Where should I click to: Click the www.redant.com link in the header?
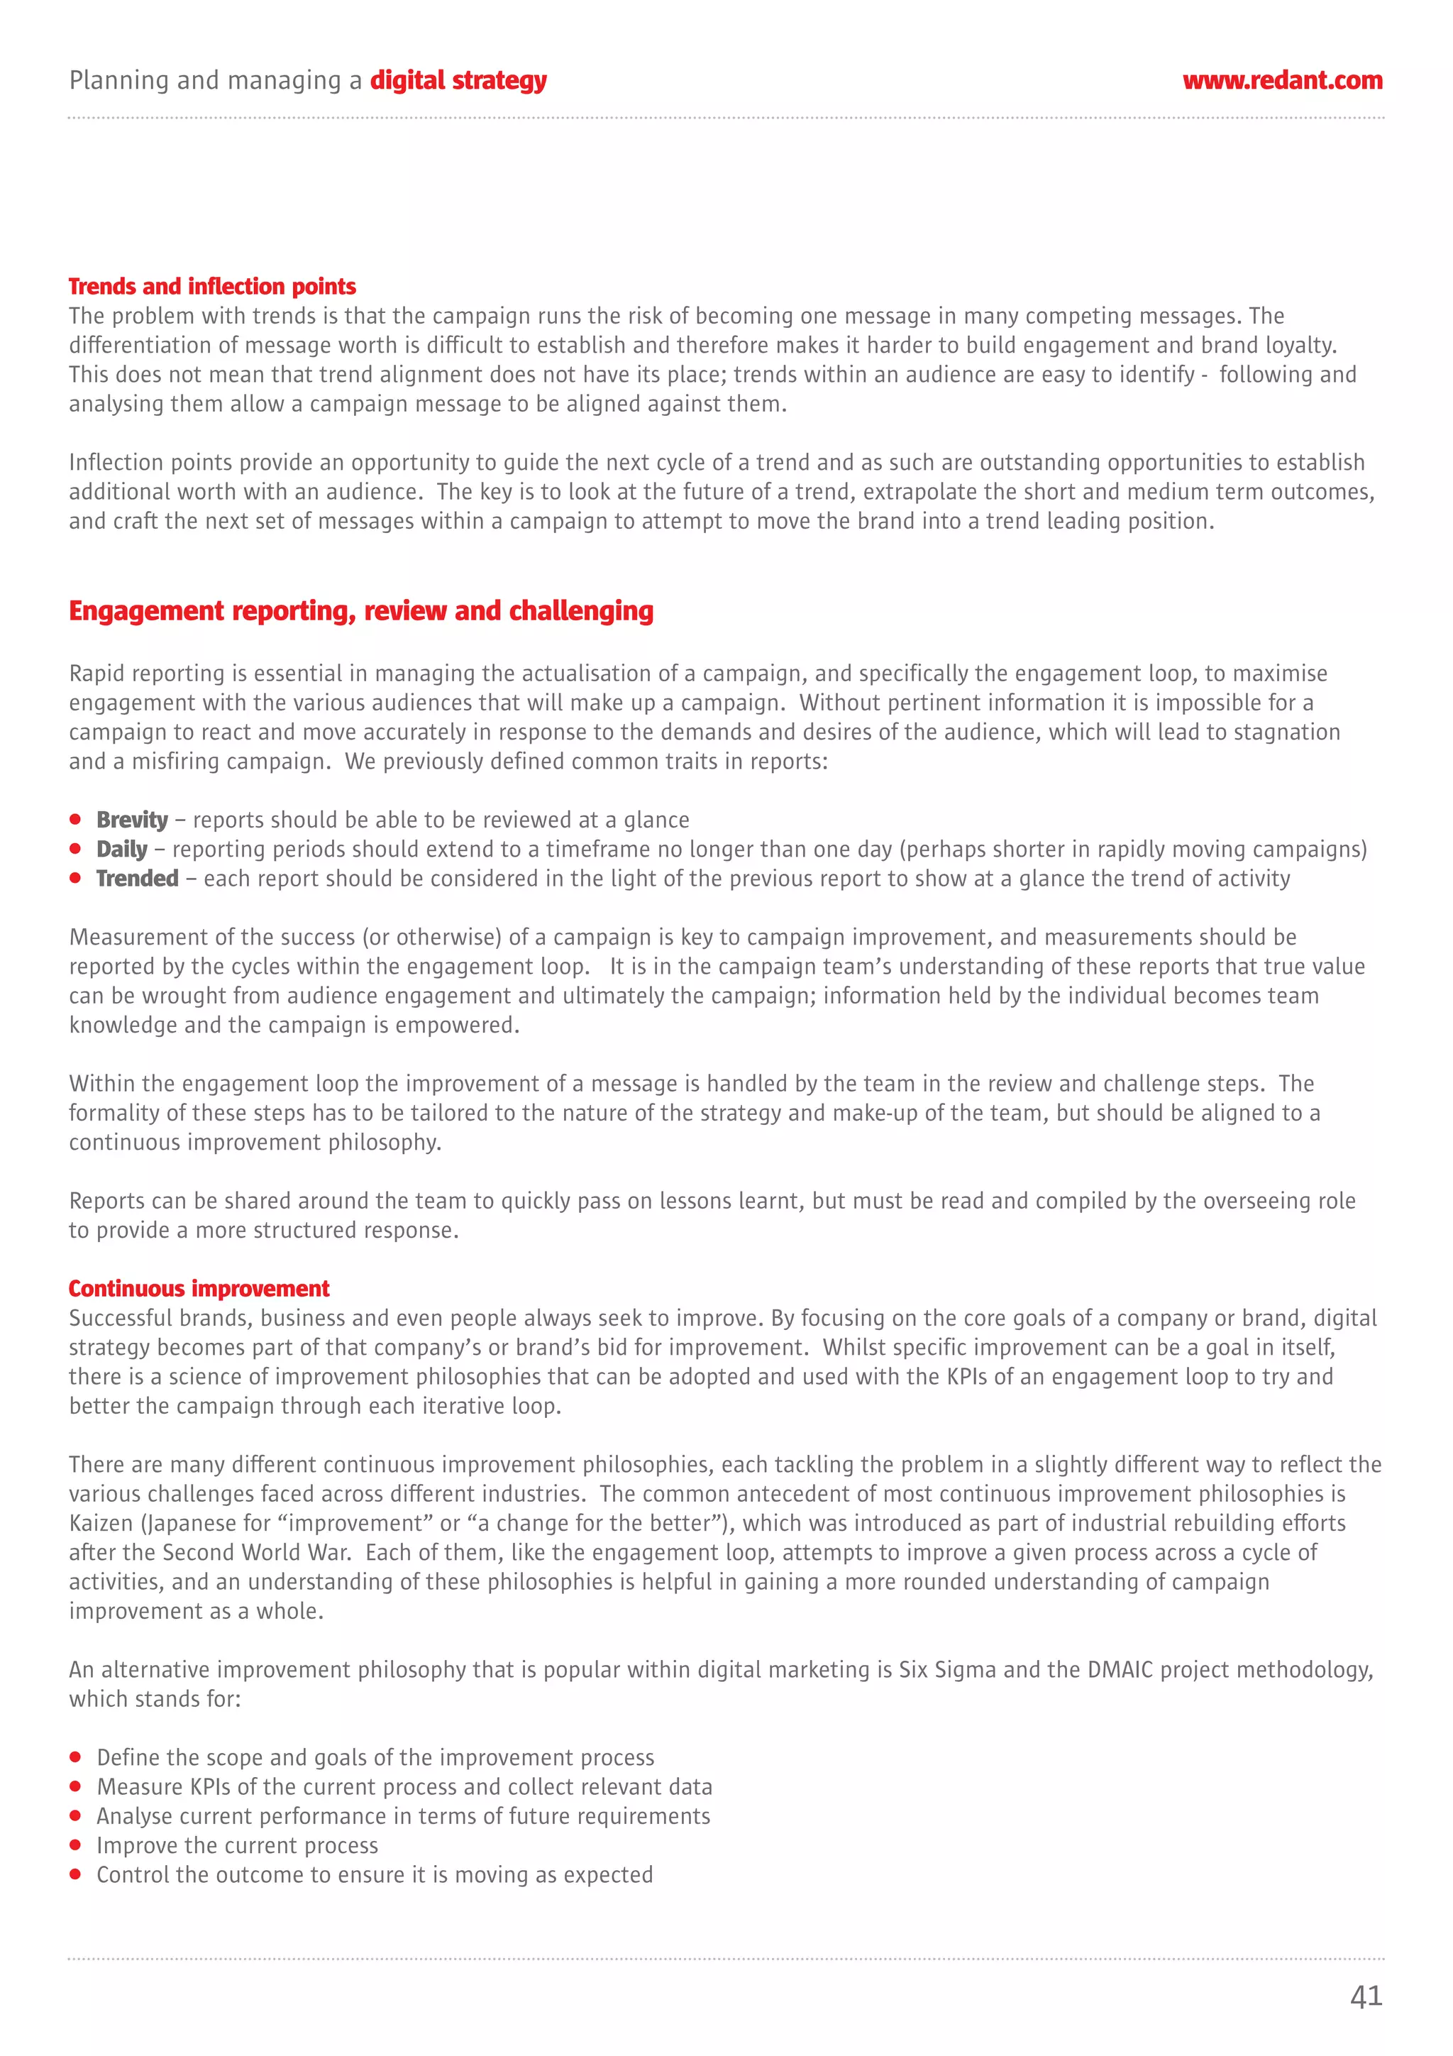[x=1281, y=81]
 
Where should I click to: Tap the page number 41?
[x=1365, y=1996]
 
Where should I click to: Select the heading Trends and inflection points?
[x=212, y=287]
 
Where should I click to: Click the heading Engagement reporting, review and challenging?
[x=361, y=611]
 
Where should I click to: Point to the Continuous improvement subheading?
[x=199, y=1289]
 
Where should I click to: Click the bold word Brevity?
[x=131, y=820]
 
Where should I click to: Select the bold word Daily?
[x=122, y=850]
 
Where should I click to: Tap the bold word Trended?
[x=137, y=879]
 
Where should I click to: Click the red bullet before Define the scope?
[x=75, y=1758]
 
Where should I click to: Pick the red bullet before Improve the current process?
[x=75, y=1845]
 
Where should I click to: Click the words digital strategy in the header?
[x=458, y=81]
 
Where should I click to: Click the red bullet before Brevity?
[x=75, y=820]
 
